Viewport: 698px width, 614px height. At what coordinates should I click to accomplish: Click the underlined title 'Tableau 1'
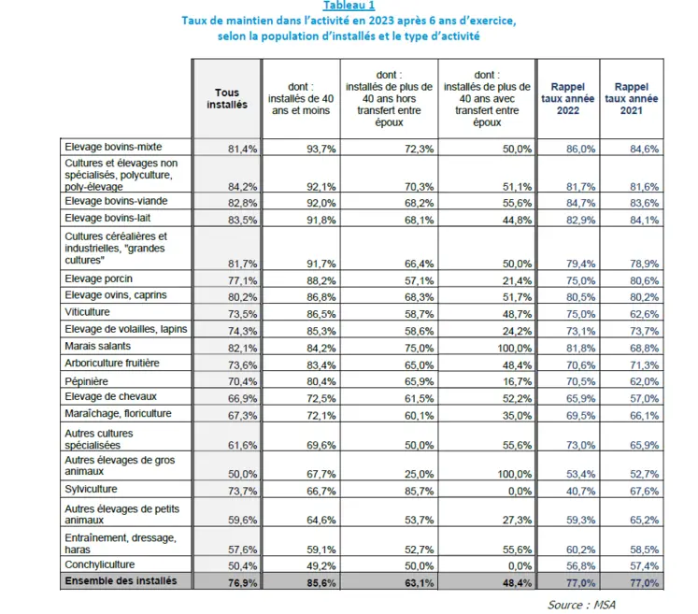(x=349, y=6)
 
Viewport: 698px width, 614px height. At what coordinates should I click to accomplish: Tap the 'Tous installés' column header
(x=227, y=98)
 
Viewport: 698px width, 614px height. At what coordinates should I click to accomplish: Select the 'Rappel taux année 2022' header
(x=567, y=98)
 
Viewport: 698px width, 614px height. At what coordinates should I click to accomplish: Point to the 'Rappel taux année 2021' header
(x=632, y=98)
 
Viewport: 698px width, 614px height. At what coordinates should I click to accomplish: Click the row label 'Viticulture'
(x=87, y=312)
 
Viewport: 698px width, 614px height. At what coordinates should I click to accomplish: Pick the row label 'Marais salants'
(x=97, y=346)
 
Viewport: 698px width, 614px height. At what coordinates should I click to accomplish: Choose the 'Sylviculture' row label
(x=91, y=489)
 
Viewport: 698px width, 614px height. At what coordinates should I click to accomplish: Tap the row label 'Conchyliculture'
(x=100, y=564)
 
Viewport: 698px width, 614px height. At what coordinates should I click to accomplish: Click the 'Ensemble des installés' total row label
(x=121, y=580)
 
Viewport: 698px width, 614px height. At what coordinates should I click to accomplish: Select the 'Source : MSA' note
(x=581, y=605)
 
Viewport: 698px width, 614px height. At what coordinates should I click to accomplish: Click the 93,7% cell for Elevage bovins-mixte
(x=321, y=149)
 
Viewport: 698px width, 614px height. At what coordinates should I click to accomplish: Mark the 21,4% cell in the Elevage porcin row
(x=517, y=280)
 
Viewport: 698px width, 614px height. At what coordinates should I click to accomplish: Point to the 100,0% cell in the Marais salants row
(x=514, y=348)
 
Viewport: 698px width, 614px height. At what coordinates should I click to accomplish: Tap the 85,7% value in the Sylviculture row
(x=419, y=491)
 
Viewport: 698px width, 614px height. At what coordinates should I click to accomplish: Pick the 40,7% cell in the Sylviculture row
(x=580, y=491)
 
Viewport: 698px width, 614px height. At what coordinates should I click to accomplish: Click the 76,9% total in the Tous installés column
(x=243, y=582)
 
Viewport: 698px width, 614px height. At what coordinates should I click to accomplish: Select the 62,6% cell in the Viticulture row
(x=644, y=314)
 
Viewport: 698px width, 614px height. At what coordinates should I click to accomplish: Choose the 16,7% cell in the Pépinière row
(x=517, y=381)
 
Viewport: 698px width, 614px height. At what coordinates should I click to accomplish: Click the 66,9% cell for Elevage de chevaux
(x=243, y=398)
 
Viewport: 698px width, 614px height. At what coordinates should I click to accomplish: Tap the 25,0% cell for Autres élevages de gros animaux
(x=419, y=474)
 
